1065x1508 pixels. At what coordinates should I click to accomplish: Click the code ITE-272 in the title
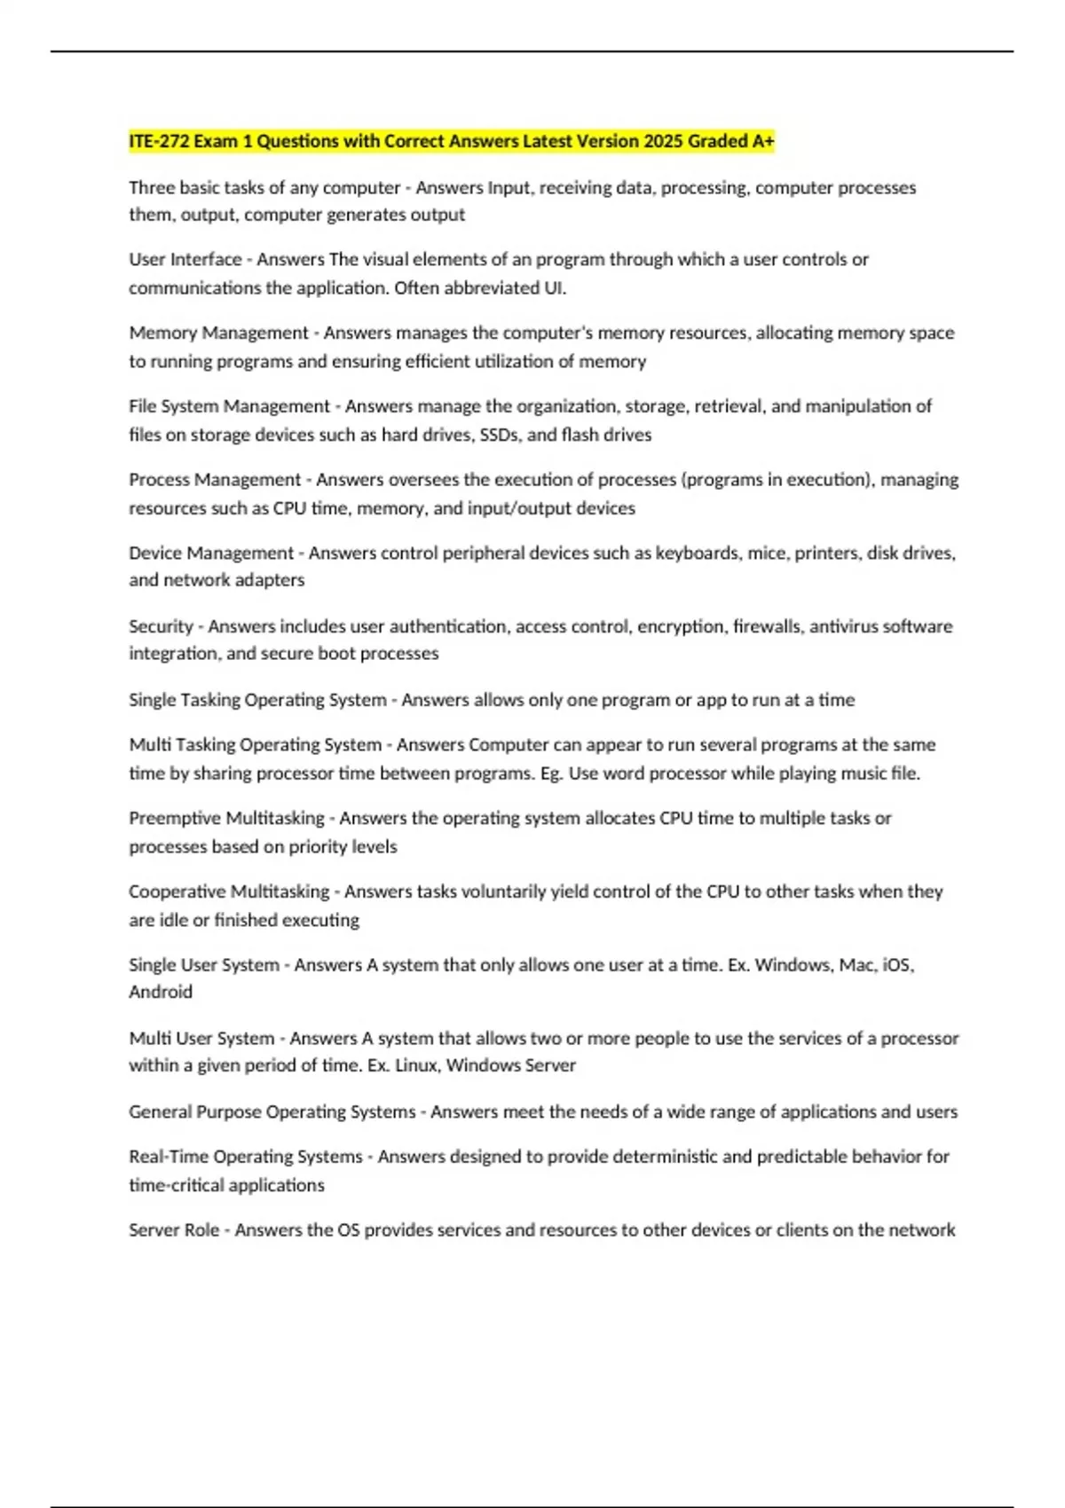pyautogui.click(x=159, y=141)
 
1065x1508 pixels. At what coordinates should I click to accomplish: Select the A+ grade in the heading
pyautogui.click(x=763, y=141)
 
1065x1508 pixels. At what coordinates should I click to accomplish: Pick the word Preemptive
pyautogui.click(x=174, y=818)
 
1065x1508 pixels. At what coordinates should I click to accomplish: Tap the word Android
pyautogui.click(x=161, y=992)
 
